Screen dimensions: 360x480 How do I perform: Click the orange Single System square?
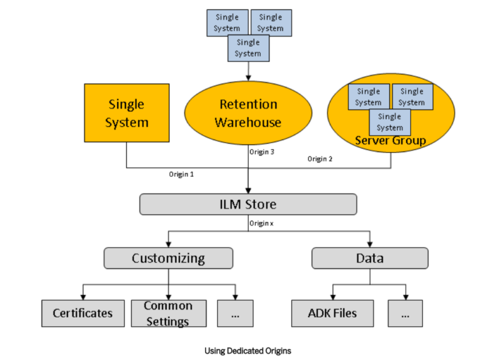point(127,112)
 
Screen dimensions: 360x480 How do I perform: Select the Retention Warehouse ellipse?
point(248,113)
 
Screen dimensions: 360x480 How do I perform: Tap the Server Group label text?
point(390,141)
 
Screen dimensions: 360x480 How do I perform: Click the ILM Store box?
point(247,204)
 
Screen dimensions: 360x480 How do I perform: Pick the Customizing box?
point(168,258)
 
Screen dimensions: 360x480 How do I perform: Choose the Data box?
point(369,258)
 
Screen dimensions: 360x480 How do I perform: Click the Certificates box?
point(82,313)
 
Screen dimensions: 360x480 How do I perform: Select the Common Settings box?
point(168,313)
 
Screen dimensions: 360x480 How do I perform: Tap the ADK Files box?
point(332,313)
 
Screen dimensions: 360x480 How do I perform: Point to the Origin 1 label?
point(181,174)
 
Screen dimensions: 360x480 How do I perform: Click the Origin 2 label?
point(319,159)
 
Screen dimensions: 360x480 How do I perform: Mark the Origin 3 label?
point(262,152)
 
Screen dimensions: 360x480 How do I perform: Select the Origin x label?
point(262,223)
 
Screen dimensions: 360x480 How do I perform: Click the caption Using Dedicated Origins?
point(247,351)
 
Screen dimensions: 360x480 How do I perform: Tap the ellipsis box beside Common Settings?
point(236,313)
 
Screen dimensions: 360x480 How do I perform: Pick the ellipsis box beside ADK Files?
point(405,313)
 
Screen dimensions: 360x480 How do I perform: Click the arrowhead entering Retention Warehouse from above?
point(248,78)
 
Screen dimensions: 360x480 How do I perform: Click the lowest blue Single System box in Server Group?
point(389,122)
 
